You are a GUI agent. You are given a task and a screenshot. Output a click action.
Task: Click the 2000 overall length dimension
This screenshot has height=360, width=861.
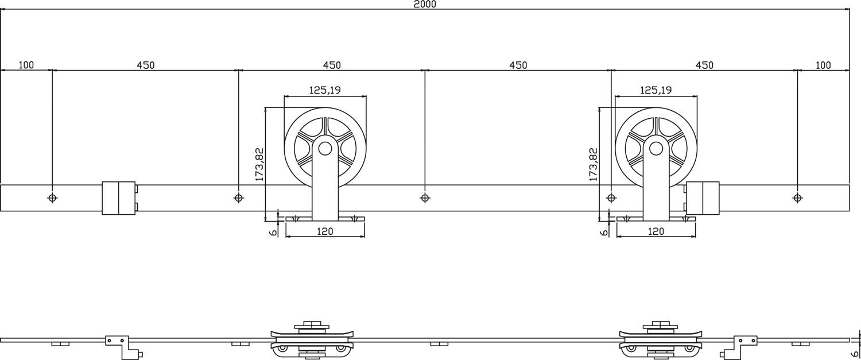point(425,5)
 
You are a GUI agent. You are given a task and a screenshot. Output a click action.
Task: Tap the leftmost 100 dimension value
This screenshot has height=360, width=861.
point(26,65)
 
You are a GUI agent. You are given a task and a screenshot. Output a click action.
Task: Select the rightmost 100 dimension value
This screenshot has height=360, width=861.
point(823,65)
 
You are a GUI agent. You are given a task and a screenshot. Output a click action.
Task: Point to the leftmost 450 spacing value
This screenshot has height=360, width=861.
point(145,65)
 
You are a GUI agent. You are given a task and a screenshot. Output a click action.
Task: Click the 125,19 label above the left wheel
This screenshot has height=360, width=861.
point(325,90)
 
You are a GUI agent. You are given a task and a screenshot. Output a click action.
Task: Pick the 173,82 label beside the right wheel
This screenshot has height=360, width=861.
point(593,164)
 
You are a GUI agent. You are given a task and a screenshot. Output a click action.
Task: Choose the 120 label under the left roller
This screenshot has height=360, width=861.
point(325,231)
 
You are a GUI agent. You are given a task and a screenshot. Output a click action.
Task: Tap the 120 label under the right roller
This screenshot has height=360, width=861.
point(656,231)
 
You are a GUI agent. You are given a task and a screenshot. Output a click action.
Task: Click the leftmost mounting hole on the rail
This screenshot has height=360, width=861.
point(52,198)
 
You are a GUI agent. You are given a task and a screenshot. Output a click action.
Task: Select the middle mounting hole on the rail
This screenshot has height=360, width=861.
point(425,198)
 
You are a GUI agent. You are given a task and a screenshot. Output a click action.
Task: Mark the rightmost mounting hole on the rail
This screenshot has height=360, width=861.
point(797,198)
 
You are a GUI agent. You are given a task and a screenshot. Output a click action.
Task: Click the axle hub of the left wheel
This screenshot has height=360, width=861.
point(325,149)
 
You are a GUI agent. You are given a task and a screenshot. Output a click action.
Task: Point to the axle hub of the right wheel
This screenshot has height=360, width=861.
point(656,149)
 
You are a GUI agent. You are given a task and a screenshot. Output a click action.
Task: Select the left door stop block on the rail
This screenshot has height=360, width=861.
point(119,198)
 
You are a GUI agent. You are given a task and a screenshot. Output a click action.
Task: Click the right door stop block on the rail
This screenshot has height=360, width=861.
point(702,198)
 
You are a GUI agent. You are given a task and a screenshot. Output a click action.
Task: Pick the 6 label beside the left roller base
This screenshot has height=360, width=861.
point(273,232)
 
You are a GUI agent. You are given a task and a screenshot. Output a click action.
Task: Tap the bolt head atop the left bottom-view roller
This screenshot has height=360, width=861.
point(312,323)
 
